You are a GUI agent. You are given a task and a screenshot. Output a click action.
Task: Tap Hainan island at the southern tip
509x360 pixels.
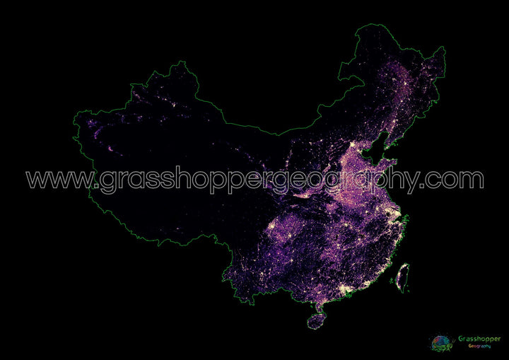[x=316, y=321]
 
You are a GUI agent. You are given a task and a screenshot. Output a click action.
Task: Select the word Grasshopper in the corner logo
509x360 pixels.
[x=479, y=339]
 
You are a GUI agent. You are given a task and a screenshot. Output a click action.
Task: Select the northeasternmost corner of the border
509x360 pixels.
[x=445, y=48]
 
